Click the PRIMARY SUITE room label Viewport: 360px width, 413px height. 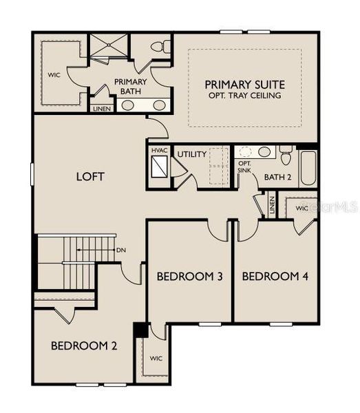point(244,84)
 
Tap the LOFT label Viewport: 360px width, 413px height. point(90,177)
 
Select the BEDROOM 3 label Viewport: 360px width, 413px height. point(189,277)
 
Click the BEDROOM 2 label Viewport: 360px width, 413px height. point(83,346)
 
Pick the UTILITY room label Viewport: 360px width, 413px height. point(191,154)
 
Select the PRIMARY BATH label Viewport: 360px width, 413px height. point(130,87)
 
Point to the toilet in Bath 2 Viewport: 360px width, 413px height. point(285,154)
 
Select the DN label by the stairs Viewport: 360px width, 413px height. point(121,250)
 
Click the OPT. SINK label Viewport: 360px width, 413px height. point(244,167)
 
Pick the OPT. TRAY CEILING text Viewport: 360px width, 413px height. point(244,96)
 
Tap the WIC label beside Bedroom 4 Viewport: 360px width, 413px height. point(302,207)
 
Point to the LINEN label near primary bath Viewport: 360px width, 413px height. point(100,108)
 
